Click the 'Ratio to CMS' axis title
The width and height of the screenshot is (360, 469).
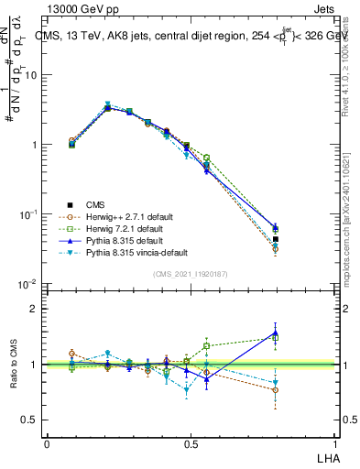click(x=13, y=365)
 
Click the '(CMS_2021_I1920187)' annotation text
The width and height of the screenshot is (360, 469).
click(x=190, y=273)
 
